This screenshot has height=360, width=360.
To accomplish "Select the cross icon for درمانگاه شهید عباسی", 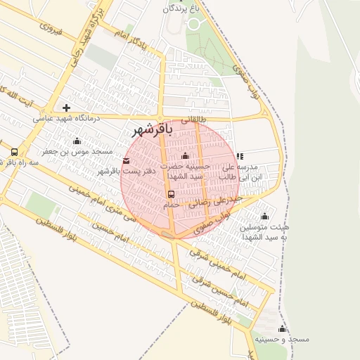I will coord(66,108).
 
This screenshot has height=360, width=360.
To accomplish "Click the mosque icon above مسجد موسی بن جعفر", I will coord(77,141).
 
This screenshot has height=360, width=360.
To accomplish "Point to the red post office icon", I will coord(127,161).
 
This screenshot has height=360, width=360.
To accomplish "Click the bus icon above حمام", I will coord(171,194).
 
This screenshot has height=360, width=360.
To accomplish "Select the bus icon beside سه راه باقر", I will coord(14,152).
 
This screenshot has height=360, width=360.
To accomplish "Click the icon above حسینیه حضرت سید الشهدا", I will coord(185,156).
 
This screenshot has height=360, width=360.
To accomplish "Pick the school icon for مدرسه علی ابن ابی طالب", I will coord(240,156).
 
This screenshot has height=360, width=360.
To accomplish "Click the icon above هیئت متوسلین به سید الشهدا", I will coord(264,216).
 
